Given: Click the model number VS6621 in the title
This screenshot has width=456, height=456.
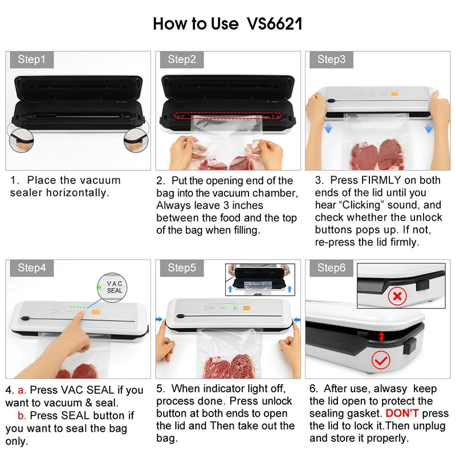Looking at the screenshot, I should point(275,25).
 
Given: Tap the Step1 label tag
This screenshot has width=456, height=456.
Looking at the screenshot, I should point(31,59).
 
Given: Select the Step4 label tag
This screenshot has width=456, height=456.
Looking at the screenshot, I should point(31,268).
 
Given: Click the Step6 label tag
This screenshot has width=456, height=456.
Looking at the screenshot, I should point(331,268).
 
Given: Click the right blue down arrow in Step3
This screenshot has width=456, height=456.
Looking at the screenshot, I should point(429,129).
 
